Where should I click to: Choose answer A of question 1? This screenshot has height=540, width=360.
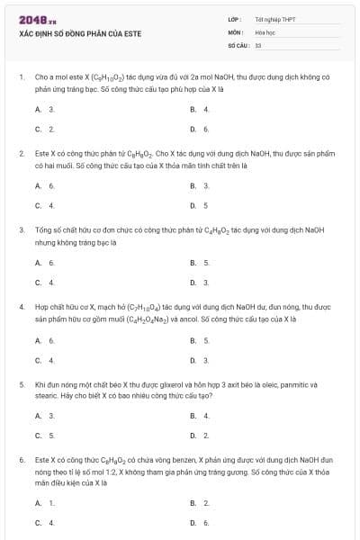pyautogui.click(x=45, y=109)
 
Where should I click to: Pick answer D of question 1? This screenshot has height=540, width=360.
pyautogui.click(x=200, y=129)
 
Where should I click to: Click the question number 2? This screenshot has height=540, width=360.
pyautogui.click(x=22, y=154)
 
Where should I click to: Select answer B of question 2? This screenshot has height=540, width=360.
pyautogui.click(x=200, y=185)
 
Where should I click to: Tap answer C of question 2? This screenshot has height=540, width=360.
pyautogui.click(x=45, y=205)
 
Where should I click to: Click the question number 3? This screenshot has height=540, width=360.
pyautogui.click(x=22, y=229)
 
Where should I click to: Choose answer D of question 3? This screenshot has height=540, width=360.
pyautogui.click(x=200, y=282)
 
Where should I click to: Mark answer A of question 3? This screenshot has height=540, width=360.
pyautogui.click(x=45, y=262)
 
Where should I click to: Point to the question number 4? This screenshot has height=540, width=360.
pyautogui.click(x=22, y=307)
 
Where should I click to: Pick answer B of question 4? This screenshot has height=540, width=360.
pyautogui.click(x=200, y=340)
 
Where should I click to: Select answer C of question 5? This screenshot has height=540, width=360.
pyautogui.click(x=45, y=435)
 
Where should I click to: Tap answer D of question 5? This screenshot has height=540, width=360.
pyautogui.click(x=200, y=435)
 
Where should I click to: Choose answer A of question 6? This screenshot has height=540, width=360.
pyautogui.click(x=45, y=502)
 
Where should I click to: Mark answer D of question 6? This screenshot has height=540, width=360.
pyautogui.click(x=200, y=522)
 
